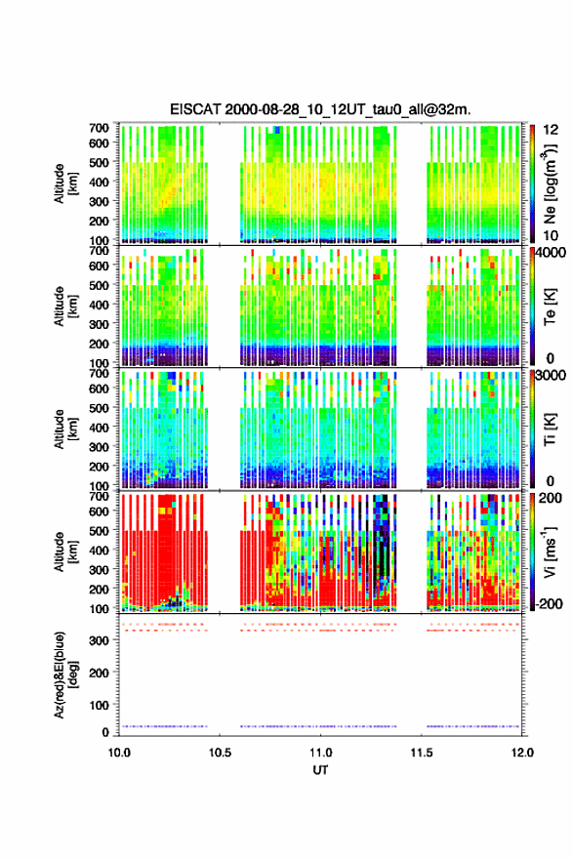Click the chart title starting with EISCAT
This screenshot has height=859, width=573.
tap(320, 109)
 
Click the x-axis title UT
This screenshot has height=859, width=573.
tap(320, 770)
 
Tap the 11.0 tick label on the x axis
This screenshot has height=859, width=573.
tap(321, 753)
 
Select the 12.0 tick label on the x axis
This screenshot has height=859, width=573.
tap(522, 753)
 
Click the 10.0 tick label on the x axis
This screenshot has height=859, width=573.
tap(119, 753)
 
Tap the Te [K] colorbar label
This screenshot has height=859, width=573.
tap(551, 307)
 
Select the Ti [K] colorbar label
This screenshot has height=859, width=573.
tap(551, 429)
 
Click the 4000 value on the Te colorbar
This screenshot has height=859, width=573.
tap(553, 253)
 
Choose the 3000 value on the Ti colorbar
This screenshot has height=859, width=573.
tap(553, 375)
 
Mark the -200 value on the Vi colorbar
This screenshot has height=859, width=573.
tap(549, 604)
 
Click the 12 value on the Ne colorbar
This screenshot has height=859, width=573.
tap(552, 130)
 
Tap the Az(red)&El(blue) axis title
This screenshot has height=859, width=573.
tap(65, 675)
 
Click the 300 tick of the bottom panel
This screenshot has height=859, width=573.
tap(101, 640)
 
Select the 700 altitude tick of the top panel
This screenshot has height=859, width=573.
tap(100, 128)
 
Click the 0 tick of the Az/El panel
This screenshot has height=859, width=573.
tap(105, 732)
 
